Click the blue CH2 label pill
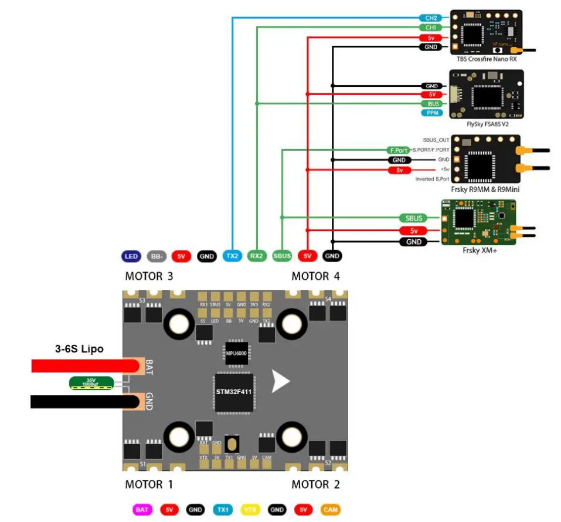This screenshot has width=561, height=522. click(x=431, y=18)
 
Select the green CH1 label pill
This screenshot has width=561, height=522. click(x=431, y=27)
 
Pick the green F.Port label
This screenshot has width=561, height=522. click(x=397, y=150)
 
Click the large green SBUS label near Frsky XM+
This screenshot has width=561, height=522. click(x=413, y=218)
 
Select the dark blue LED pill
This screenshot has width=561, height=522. click(x=131, y=256)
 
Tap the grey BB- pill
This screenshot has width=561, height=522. click(x=157, y=256)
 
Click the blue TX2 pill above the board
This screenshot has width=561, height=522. click(x=232, y=256)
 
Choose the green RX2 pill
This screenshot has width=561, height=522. click(x=257, y=256)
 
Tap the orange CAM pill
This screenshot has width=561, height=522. click(x=330, y=510)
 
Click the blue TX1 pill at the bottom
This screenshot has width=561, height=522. click(x=223, y=510)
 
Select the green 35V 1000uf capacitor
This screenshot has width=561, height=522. click(x=90, y=384)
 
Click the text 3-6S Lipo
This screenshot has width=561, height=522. click(x=79, y=349)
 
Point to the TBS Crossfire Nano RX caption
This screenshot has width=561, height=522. click(x=487, y=59)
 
